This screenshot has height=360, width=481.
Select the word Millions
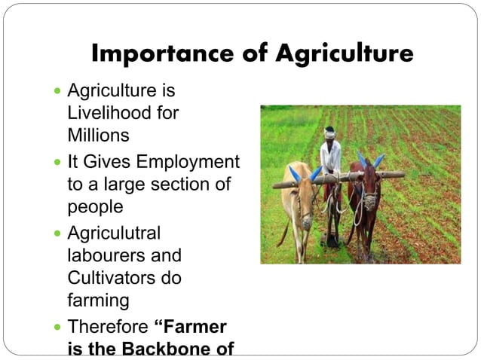click(x=98, y=136)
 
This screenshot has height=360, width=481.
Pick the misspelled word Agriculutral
click(x=114, y=233)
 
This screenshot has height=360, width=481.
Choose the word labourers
click(x=106, y=255)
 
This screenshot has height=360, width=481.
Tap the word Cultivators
click(x=111, y=278)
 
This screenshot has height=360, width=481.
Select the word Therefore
click(x=108, y=327)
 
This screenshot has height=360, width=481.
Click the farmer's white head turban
click(x=329, y=131)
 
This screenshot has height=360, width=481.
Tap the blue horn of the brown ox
click(x=378, y=160)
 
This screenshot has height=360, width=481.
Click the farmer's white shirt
click(x=330, y=157)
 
